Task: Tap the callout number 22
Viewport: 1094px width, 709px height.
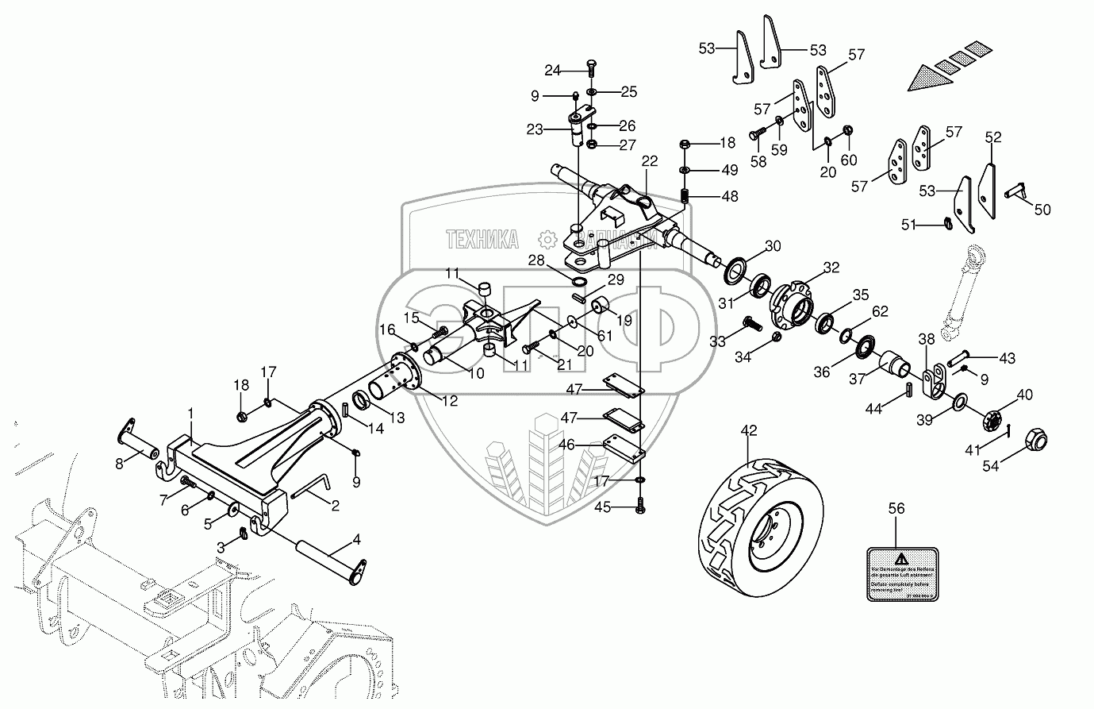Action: (x=650, y=160)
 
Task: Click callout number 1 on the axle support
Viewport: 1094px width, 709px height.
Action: (x=190, y=414)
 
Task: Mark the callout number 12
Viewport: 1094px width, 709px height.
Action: (x=450, y=402)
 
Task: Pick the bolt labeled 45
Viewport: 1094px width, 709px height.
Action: (x=640, y=506)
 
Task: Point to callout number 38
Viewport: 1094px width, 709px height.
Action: (x=927, y=338)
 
